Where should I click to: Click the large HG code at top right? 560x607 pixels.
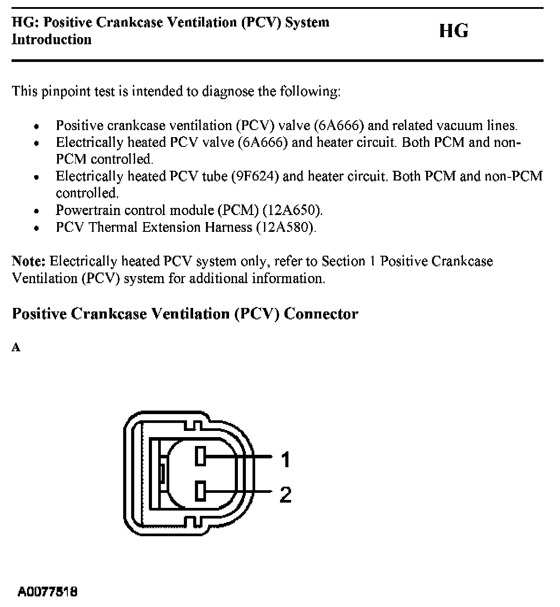tap(453, 31)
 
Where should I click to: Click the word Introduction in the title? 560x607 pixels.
tap(51, 39)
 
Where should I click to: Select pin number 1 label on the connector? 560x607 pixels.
tap(286, 460)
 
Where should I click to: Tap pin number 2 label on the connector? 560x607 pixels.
tap(286, 495)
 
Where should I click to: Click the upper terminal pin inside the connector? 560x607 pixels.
tap(200, 456)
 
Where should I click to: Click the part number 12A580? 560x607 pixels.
tap(286, 227)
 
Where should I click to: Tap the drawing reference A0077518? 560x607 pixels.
tap(48, 592)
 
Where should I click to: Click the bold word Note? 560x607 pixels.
tap(29, 261)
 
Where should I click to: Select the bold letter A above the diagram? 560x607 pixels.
tap(16, 348)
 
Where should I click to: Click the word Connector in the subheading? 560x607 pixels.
tap(321, 314)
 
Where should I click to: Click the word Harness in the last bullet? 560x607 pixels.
tap(228, 227)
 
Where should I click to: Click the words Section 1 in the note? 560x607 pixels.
tap(349, 261)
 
